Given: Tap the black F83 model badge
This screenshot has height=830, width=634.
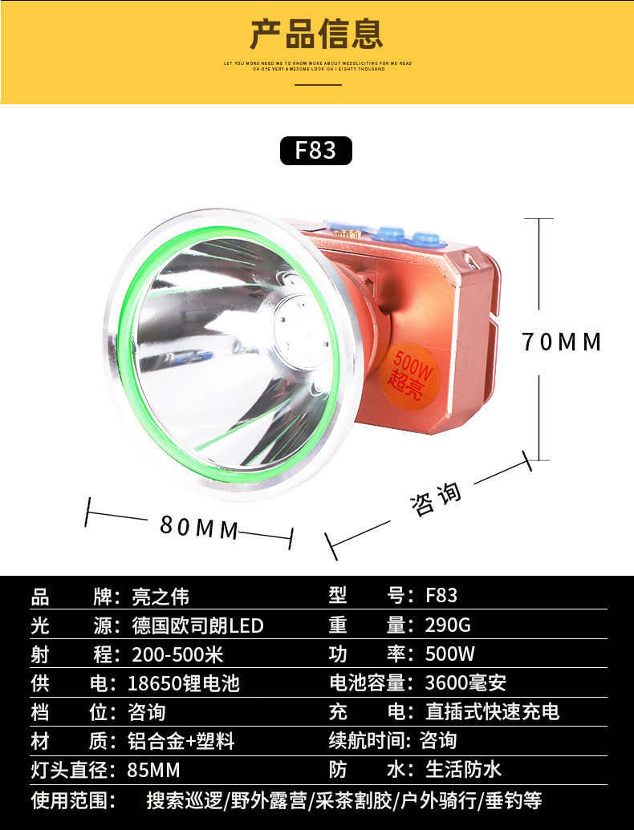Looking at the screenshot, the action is [x=316, y=150].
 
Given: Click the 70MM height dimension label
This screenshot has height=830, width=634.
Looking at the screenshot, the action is [x=562, y=342].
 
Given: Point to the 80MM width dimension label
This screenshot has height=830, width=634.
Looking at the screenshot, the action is [x=199, y=526].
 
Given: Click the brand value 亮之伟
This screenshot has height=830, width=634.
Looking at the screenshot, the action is [x=161, y=597].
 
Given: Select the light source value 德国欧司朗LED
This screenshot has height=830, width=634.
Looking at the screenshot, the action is [x=197, y=626].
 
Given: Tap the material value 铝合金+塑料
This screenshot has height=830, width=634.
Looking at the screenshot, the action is [x=181, y=740].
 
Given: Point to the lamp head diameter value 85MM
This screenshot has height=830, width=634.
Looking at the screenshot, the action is [x=154, y=770].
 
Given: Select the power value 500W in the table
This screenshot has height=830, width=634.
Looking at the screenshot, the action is [x=450, y=654].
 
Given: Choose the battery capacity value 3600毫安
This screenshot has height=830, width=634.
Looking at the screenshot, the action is [x=465, y=683].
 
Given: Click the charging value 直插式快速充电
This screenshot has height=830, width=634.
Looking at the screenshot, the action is [x=492, y=712].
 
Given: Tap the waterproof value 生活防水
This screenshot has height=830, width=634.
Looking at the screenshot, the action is [x=463, y=770].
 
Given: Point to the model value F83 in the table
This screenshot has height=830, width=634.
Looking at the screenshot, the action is [x=441, y=597].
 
